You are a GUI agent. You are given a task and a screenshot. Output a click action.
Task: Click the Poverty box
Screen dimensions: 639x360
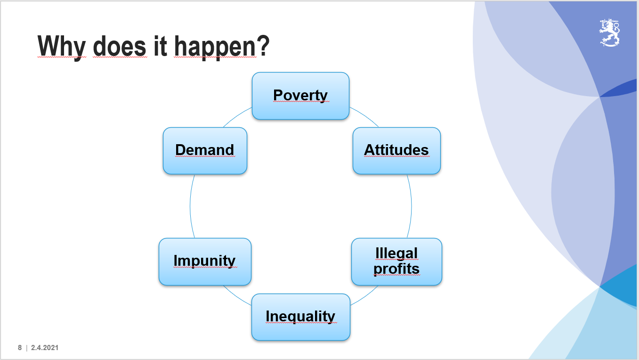coord(301,96)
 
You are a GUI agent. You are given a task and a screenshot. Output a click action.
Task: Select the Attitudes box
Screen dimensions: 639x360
coord(396,151)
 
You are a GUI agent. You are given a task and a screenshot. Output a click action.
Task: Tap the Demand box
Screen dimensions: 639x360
coord(205,151)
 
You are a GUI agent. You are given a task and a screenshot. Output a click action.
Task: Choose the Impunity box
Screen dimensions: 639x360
coord(205,262)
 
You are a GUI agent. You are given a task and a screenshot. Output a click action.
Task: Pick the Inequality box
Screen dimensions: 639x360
coord(301,317)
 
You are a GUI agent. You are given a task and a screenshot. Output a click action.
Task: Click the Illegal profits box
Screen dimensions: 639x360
coord(396,262)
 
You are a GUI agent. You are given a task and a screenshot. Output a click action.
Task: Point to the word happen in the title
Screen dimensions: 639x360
coord(215,47)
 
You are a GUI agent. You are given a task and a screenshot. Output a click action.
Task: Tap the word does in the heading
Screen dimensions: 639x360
coord(120,46)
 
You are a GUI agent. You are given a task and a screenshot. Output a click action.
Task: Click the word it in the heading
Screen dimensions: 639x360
coord(160,46)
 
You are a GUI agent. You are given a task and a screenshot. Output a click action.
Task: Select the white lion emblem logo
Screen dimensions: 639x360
coord(610,33)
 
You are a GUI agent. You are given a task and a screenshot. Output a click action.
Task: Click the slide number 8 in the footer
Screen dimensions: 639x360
coord(20,347)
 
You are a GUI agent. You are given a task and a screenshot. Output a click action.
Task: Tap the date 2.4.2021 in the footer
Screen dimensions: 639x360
coord(45,347)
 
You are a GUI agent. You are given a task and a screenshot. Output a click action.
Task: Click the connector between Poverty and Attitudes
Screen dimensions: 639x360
coord(365,115)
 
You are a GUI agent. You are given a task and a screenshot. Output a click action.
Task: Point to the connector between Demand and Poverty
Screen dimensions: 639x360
coord(237,116)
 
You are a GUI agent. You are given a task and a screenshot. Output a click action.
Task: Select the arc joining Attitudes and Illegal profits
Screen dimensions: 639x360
coord(412,206)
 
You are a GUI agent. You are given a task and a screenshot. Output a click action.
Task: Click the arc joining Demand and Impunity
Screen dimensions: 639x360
coord(190,206)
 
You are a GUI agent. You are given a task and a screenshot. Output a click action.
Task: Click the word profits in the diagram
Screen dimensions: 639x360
coord(396,269)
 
